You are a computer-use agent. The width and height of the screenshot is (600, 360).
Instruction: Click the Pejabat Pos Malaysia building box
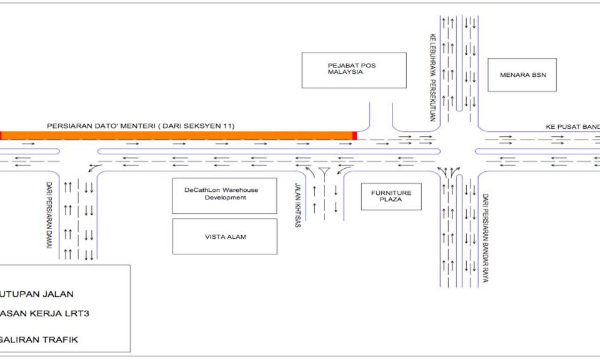[x=354, y=70]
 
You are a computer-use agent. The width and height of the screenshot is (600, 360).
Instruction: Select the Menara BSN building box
[x=521, y=75]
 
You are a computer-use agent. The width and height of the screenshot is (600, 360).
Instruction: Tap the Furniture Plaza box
[x=391, y=196]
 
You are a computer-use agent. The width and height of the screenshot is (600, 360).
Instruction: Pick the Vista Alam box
[x=224, y=236]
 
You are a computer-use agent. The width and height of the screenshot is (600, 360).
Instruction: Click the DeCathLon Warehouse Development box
[x=224, y=196]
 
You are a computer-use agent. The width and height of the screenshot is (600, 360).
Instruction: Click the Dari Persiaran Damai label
[x=48, y=215]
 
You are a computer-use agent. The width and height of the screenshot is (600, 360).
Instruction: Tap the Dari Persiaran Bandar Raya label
[x=484, y=238]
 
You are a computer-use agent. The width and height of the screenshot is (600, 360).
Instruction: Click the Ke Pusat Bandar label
[x=571, y=126]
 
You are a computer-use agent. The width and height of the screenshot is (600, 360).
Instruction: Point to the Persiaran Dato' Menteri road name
[x=141, y=126]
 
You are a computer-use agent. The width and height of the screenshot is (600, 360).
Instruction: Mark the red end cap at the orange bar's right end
[x=354, y=135]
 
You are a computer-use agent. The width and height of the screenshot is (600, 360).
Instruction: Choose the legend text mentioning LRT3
[x=44, y=313]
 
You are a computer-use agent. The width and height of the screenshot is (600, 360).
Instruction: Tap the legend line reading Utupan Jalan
[x=37, y=294]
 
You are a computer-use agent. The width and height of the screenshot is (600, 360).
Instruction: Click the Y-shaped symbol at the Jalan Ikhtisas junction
[x=324, y=173]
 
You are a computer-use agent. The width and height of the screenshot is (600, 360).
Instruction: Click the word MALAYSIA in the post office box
[x=345, y=72]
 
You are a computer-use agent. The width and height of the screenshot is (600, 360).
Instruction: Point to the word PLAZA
[x=391, y=200]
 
